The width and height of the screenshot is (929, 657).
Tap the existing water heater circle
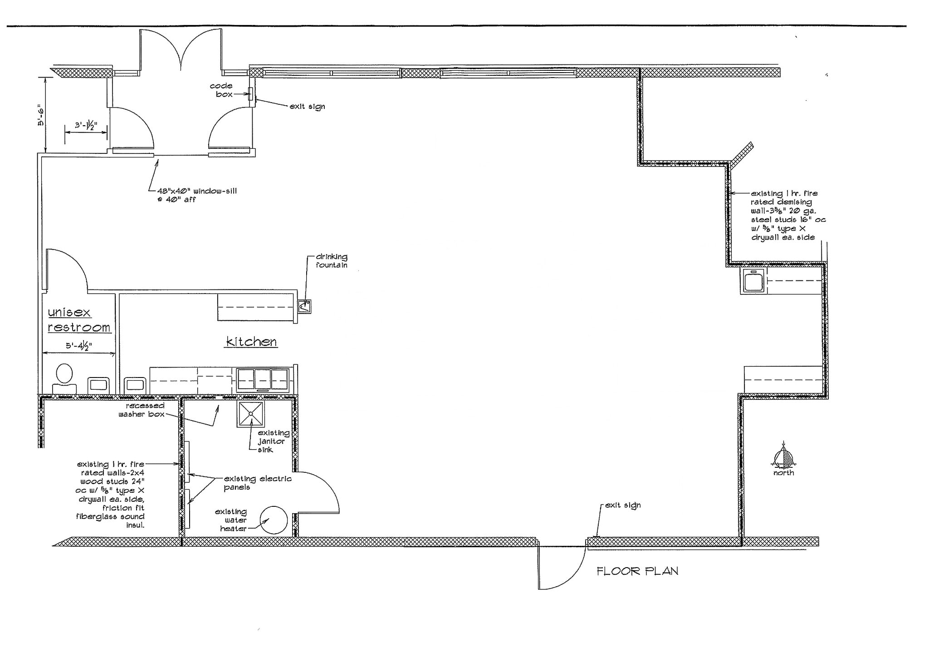click(274, 520)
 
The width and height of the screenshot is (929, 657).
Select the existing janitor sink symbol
click(250, 414)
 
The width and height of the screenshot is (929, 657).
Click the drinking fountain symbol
click(304, 307)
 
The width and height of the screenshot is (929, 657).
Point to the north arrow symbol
click(783, 458)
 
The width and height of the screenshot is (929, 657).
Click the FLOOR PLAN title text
click(637, 571)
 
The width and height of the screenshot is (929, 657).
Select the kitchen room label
click(251, 342)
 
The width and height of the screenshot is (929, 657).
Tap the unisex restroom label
click(78, 320)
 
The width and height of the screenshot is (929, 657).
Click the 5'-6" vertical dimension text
click(41, 116)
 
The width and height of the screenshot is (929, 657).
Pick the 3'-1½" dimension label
click(86, 125)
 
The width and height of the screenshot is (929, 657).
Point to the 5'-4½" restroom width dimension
click(78, 346)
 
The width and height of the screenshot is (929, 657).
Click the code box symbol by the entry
click(250, 94)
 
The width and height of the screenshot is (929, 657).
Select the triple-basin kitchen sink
click(263, 380)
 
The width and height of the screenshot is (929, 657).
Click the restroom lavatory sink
click(98, 385)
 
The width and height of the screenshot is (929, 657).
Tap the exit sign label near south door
click(622, 505)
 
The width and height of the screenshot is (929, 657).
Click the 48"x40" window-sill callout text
click(197, 195)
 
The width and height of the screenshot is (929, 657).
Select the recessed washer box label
click(142, 410)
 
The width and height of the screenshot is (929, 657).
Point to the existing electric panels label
click(257, 483)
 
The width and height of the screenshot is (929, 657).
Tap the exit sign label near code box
click(307, 107)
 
